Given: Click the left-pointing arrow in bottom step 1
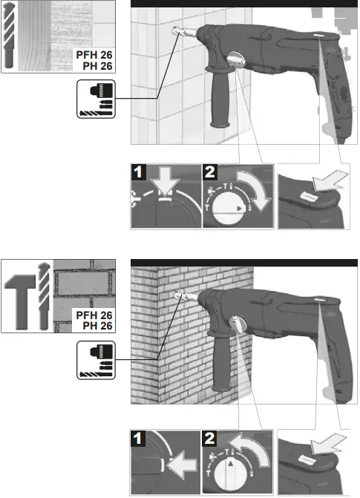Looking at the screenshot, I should point(180,465).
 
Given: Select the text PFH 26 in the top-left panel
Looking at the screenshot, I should point(94,54).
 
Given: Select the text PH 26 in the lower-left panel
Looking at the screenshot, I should point(97,326).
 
